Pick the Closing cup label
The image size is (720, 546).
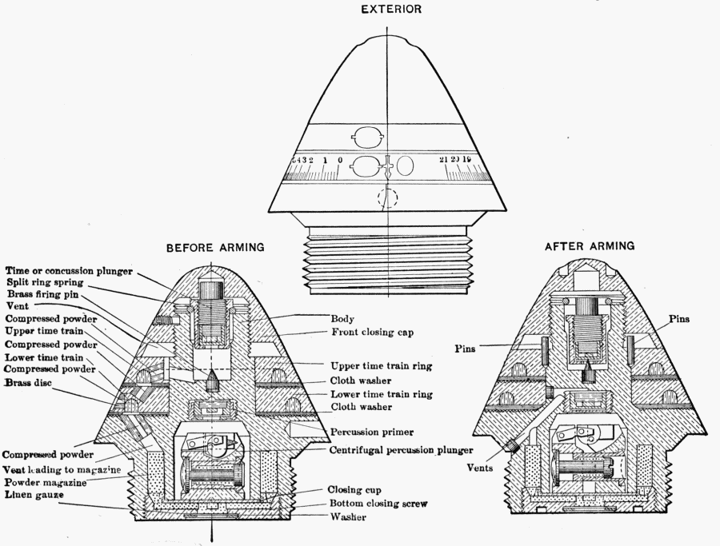pyautogui.click(x=354, y=489)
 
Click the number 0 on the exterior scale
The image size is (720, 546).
pyautogui.click(x=340, y=161)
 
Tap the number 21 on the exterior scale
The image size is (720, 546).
pyautogui.click(x=444, y=161)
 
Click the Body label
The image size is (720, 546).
pyautogui.click(x=342, y=318)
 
